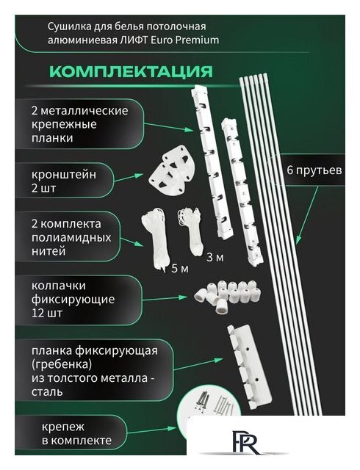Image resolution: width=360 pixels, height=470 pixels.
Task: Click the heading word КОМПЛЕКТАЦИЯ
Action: click(130, 72)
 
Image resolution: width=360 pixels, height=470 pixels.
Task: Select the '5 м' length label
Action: click(179, 268)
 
